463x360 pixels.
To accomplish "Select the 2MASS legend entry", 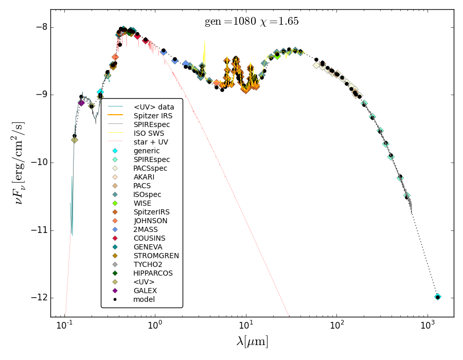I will coord(145,229).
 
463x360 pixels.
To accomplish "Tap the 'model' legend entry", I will coord(144,299).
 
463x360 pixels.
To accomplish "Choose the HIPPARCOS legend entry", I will coord(153,273).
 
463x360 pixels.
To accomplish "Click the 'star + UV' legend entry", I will coord(150,142).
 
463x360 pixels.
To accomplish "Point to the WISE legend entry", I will coord(142,203).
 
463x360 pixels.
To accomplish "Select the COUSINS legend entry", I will coord(149,238).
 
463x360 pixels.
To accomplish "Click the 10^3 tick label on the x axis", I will coord(427,326).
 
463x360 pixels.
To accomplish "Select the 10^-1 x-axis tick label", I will coord(64,326).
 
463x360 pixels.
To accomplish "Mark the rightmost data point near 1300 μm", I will coord(438,297).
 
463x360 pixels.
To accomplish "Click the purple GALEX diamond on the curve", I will coord(81,103).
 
